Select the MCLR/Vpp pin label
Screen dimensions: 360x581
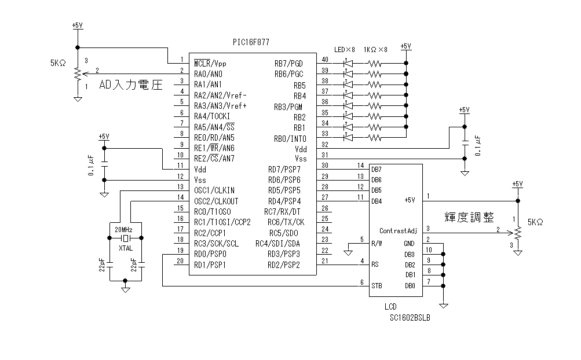[210, 63]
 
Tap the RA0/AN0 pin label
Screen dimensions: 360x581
[208, 74]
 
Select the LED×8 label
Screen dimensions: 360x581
[345, 50]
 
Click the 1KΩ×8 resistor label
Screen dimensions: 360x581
[375, 50]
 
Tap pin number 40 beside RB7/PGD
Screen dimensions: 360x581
[324, 60]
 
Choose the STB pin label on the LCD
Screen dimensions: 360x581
[377, 285]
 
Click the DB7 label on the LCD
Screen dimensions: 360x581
[377, 168]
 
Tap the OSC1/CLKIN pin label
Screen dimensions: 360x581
[214, 190]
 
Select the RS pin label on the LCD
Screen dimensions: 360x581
[375, 265]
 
